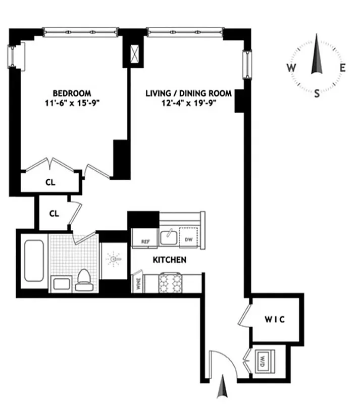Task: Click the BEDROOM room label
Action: [x=72, y=93]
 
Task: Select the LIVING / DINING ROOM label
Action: [x=188, y=93]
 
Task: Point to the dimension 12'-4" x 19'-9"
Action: [x=188, y=103]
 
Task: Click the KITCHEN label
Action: [x=170, y=260]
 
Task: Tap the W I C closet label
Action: [x=275, y=319]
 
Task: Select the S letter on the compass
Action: [x=317, y=93]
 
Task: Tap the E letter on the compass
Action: [x=342, y=67]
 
